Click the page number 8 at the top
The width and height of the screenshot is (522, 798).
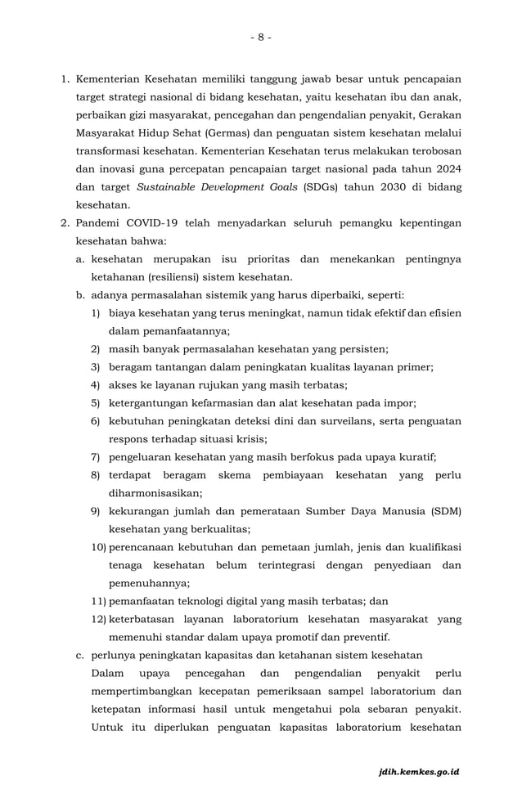click(x=260, y=37)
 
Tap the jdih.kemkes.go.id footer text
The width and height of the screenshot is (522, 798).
click(x=419, y=771)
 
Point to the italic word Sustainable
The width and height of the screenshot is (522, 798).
click(x=167, y=186)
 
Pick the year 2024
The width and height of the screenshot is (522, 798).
click(x=447, y=168)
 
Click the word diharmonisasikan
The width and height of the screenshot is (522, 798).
click(x=155, y=492)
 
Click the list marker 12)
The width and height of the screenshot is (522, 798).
click(x=99, y=619)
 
